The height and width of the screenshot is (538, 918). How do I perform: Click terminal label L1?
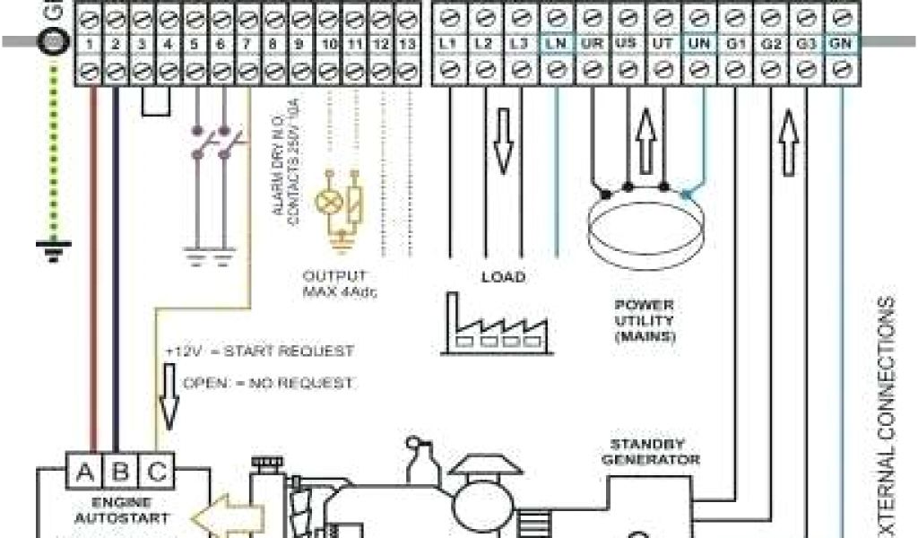[446, 42]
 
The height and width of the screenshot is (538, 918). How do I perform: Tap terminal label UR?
[590, 42]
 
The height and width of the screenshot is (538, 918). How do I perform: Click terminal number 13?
[409, 42]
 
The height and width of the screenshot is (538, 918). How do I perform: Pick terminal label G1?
[735, 42]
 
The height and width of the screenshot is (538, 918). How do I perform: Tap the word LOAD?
[503, 277]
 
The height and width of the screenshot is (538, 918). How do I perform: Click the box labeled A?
[85, 473]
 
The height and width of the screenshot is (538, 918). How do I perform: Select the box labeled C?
[156, 473]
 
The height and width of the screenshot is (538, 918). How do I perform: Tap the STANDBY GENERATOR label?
[654, 451]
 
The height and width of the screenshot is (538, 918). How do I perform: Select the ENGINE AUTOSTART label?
[122, 510]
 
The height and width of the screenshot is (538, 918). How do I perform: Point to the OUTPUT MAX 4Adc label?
[334, 283]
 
